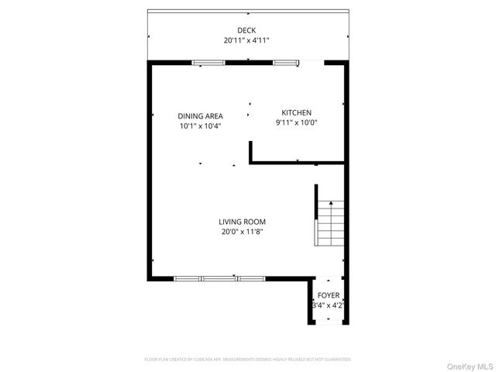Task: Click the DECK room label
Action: pos(246,30)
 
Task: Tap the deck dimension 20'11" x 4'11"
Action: pos(246,40)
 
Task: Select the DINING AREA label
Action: pos(200,115)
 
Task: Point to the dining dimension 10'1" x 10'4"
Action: pos(200,126)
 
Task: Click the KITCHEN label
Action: pos(296,112)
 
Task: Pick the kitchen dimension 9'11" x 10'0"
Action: pos(296,122)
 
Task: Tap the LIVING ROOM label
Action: pos(246,221)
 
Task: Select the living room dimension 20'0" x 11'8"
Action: pos(246,231)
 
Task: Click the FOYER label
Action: pos(329,295)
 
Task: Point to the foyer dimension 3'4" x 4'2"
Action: pos(329,305)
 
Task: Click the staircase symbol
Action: pos(330,223)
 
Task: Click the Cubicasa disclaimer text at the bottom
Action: pos(247,360)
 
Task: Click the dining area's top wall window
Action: pos(208,62)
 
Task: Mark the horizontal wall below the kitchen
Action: pos(297,163)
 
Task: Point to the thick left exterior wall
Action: pos(150,170)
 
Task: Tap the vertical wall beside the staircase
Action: pos(315,215)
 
